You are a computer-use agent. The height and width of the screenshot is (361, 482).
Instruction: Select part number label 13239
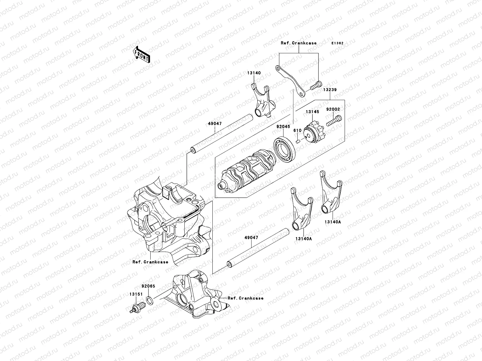coord(330,90)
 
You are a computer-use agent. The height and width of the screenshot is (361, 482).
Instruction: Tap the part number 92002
coord(333,110)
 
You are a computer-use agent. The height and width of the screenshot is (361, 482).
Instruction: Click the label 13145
coord(312,112)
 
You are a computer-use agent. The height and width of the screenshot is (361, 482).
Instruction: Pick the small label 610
coord(297,130)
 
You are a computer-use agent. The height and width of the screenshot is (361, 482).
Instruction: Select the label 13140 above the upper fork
coord(254,73)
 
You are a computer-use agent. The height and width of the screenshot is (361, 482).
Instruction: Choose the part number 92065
coord(148,286)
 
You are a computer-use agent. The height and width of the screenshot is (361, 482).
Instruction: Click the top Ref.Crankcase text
coord(299,43)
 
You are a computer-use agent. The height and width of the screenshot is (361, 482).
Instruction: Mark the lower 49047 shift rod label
coord(251,237)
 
